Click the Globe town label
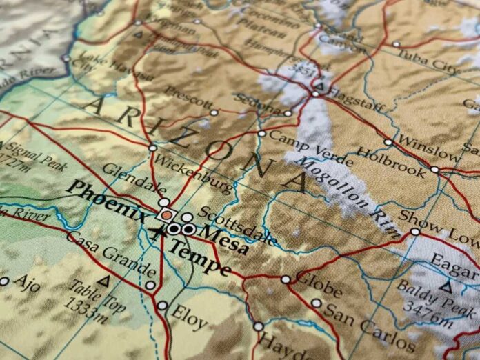pyautogui.click(x=319, y=283)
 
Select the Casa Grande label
pyautogui.click(x=111, y=254)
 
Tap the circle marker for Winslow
pyautogui.click(x=388, y=143)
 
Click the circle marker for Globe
pyautogui.click(x=286, y=279)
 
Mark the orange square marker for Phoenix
pyautogui.click(x=166, y=215)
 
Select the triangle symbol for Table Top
pyautogui.click(x=104, y=281)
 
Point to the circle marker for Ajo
pyautogui.click(x=4, y=281)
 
